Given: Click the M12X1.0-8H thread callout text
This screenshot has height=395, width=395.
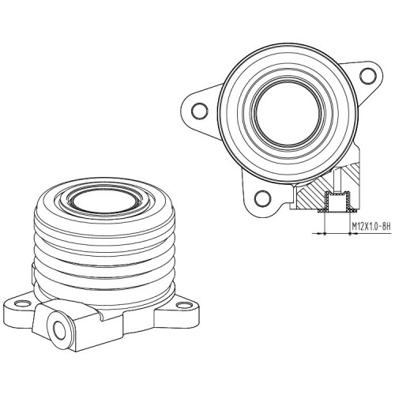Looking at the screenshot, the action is tap(371, 226).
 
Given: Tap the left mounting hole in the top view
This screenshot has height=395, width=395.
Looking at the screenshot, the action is tap(200, 111).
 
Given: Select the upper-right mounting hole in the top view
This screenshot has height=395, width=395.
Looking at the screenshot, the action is tap(368, 76).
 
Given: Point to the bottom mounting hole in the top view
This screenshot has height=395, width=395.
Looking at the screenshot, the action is tap(263, 199).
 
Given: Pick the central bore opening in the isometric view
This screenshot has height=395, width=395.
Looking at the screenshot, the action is tap(104, 200).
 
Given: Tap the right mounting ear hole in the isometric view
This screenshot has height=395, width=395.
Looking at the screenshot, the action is tap(184, 305).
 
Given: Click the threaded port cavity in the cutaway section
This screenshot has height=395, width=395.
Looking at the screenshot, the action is tap(337, 201).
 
